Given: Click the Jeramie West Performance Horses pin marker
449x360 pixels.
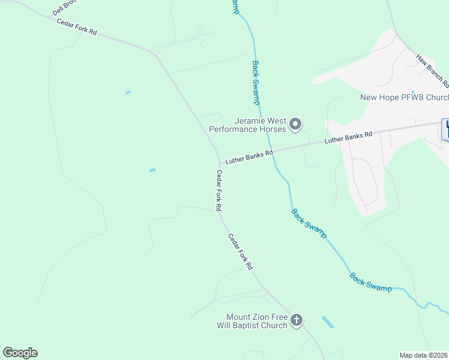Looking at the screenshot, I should tap(295, 124).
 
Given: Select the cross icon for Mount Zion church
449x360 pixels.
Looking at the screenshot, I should tap(297, 321).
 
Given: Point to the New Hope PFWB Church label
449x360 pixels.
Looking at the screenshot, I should tap(404, 98).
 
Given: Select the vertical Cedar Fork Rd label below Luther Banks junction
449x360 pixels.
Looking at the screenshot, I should tap(220, 190).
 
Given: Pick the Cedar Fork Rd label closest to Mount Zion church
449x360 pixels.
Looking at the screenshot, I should tap(241, 251).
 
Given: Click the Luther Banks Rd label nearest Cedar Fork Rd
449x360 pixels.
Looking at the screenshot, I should tap(249, 157).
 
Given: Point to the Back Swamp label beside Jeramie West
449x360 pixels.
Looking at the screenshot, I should tap(256, 83).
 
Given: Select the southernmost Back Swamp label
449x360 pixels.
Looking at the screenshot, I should tap(370, 283).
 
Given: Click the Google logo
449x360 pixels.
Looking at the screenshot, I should tap(20, 353).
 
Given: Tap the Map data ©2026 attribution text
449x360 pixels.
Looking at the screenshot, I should tap(424, 355).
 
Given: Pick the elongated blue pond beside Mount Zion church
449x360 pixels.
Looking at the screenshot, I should tap(328, 322).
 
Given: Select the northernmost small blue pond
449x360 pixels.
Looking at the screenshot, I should tap(128, 92).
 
